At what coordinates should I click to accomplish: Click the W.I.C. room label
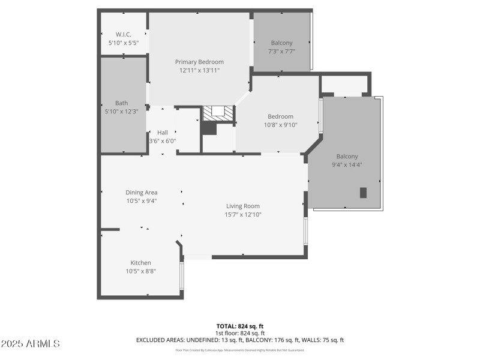coord(124,34)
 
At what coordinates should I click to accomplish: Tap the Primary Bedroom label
coord(199,62)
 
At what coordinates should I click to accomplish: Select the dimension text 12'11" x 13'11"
coord(199,70)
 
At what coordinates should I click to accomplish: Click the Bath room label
coord(121,103)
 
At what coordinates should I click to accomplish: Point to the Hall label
coord(162,133)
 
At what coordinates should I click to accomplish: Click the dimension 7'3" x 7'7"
coord(281,51)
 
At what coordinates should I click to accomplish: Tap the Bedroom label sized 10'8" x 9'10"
coord(280,116)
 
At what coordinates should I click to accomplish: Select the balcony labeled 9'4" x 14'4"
coord(347,156)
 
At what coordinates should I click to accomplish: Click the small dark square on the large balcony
coord(363,193)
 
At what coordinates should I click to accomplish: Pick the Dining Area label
coord(142,193)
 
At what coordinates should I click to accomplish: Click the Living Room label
coord(243,206)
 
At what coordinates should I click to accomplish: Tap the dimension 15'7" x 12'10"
coord(243,214)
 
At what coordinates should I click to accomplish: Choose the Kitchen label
coord(141,263)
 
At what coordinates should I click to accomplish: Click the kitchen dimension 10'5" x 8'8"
coord(141,271)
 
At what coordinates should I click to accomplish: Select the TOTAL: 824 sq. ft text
coord(239,326)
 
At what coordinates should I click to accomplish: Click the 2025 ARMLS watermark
coord(30,344)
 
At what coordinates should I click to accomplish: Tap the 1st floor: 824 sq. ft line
coord(239,333)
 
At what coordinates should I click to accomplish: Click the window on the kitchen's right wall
coord(182,275)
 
